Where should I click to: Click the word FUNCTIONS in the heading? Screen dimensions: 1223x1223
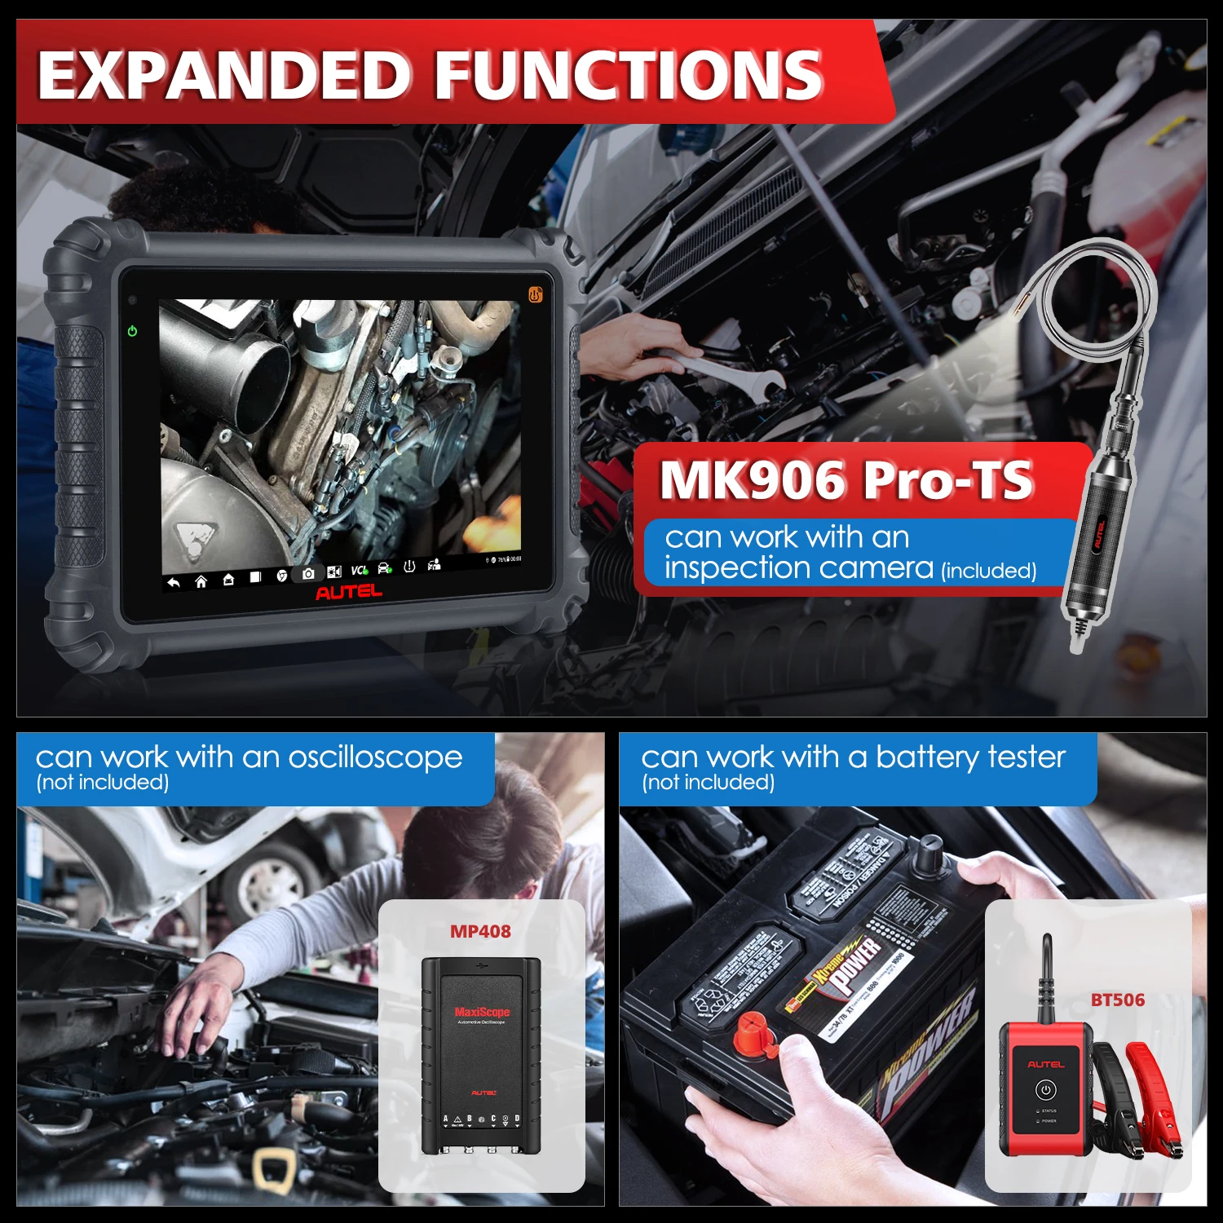628,75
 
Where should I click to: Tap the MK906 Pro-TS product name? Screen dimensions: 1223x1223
846,479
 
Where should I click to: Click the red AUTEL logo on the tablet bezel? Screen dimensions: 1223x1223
348,592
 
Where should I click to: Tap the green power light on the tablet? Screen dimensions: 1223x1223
132,331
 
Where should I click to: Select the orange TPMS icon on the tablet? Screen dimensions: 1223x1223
536,294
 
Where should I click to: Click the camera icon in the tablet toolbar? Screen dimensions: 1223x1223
308,574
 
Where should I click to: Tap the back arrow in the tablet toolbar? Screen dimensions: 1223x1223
173,582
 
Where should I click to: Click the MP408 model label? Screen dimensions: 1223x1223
480,931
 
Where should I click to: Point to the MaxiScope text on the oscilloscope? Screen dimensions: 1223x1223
482,1012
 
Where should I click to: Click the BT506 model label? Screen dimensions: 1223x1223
1117,1000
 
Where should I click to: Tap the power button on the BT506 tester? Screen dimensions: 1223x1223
1046,1090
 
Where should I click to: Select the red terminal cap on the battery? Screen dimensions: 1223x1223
754,1035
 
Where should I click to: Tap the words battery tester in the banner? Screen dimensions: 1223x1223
970,757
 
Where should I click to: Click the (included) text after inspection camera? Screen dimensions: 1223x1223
988,571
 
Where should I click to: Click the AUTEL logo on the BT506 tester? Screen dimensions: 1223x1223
1046,1064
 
